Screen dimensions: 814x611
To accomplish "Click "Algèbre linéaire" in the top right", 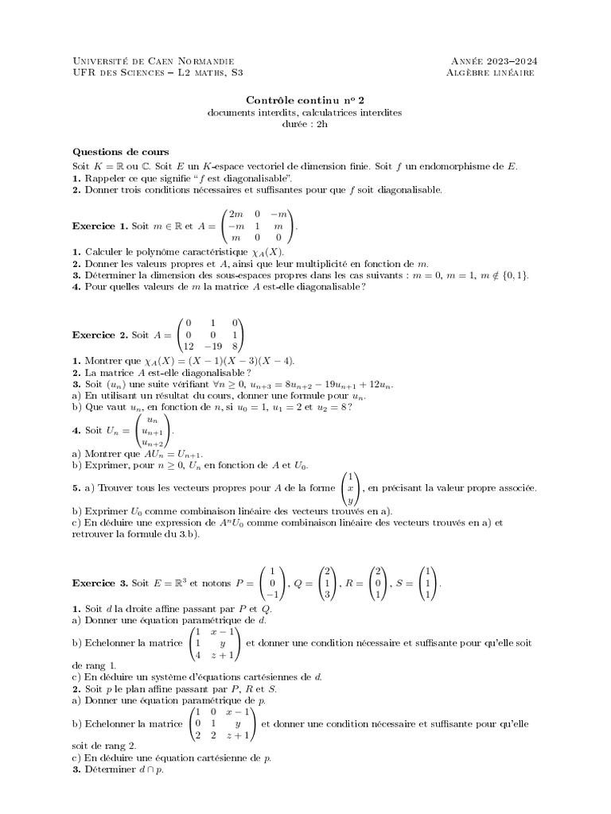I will (x=491, y=72).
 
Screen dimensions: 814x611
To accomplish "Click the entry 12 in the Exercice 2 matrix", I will (x=189, y=347).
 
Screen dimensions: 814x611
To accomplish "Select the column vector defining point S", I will (x=427, y=583).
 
